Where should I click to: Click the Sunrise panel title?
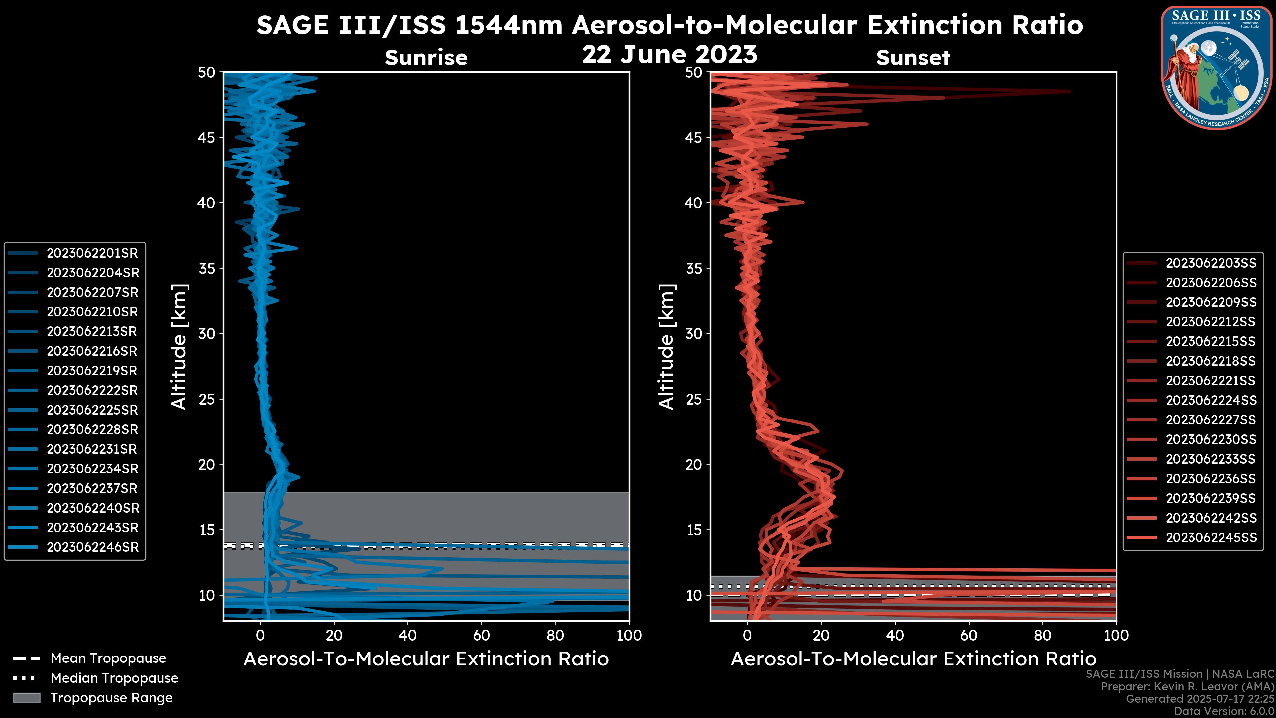426,58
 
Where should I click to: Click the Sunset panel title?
913,58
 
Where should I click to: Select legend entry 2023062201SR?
92,253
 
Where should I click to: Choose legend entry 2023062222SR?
92,391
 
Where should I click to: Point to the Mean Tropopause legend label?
108,658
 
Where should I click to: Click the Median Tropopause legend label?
114,678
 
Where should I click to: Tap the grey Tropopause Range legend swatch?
26,698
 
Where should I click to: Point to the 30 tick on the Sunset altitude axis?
693,334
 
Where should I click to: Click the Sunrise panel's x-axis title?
426,659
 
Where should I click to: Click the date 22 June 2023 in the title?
669,55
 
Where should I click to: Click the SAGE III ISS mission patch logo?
1216,67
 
